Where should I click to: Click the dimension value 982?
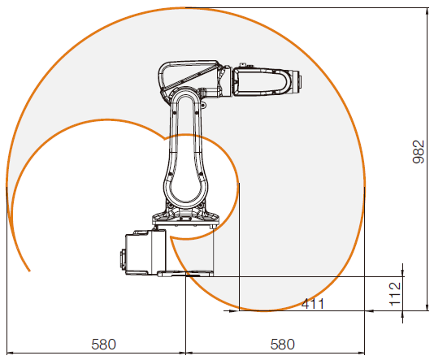[x=419, y=152]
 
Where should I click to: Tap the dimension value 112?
[x=395, y=294]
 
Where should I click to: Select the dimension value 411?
[x=312, y=304]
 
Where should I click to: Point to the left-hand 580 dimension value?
[x=103, y=345]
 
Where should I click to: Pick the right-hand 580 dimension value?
[x=282, y=345]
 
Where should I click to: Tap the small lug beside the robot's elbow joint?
[x=203, y=105]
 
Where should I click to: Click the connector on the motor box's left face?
[x=123, y=259]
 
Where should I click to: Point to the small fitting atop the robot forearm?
[x=243, y=65]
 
